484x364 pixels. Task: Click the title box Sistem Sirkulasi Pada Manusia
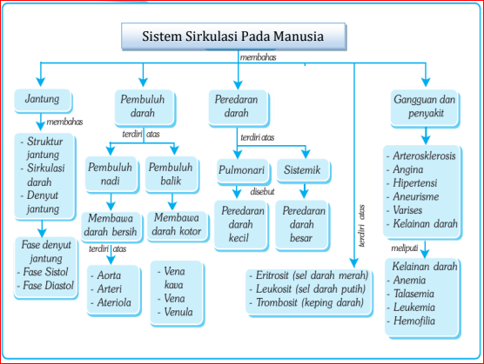coord(233,36)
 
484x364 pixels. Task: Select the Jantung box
coord(43,101)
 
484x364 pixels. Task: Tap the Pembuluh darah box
coord(145,108)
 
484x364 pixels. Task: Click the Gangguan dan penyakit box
coord(425,108)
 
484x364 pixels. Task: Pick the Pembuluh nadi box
coord(111,175)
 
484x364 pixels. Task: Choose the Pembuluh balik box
coord(171,175)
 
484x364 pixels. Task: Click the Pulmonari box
coord(243,171)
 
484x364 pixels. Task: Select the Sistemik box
coord(303,170)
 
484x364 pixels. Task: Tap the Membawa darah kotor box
coord(178,225)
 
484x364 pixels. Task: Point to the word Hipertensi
coord(415,183)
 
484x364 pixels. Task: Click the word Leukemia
coord(414,307)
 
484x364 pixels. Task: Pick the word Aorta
coord(109,275)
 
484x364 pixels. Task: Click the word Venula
coord(178,312)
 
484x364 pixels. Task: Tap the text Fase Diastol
coord(49,286)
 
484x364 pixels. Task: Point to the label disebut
coord(262,191)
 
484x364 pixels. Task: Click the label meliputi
coord(405,248)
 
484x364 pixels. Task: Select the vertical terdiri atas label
coord(362,226)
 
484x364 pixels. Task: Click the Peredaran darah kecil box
coord(241,225)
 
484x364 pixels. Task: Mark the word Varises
coord(407,210)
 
